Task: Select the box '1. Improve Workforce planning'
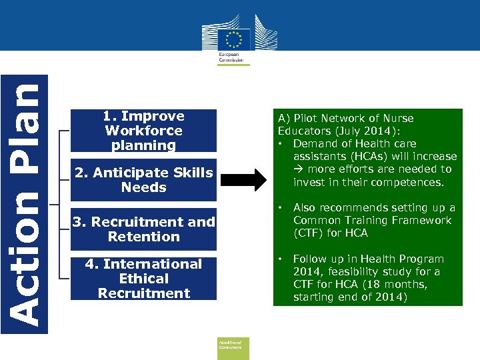[144, 131]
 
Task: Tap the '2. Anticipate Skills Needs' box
[144, 180]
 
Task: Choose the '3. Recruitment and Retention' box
[144, 229]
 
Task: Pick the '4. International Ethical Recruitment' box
[144, 279]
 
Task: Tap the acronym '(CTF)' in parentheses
[309, 233]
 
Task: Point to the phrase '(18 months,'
[395, 285]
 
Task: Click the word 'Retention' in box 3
[144, 237]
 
